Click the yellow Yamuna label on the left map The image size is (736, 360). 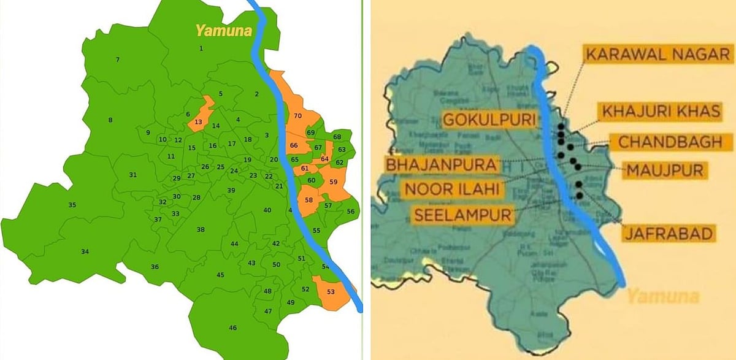(223, 30)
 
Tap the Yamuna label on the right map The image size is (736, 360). (662, 297)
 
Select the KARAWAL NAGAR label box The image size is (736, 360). (657, 53)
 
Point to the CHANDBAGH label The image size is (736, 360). (670, 142)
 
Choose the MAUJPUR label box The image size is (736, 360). (663, 169)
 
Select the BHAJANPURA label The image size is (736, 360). (441, 164)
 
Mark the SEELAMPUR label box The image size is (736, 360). (462, 215)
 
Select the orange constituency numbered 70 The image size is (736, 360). (299, 116)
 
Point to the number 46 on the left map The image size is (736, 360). (232, 328)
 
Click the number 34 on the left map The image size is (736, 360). (85, 251)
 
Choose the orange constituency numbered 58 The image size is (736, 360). (309, 200)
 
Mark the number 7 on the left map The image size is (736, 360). (117, 59)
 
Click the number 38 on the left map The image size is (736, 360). (201, 229)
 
